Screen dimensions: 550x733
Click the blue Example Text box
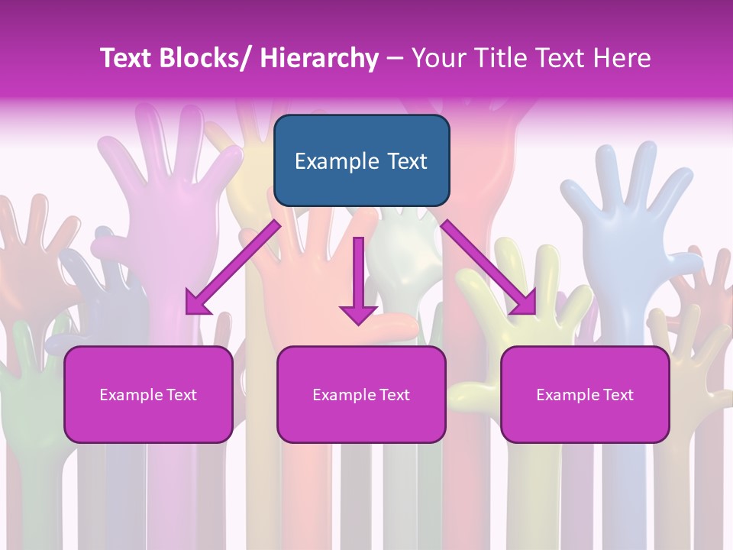[361, 160]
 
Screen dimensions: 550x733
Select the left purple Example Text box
[148, 394]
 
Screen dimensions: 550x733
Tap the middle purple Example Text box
[361, 394]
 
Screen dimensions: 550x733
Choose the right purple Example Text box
[585, 394]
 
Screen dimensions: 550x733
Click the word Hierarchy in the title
[318, 58]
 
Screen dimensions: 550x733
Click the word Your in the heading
[437, 58]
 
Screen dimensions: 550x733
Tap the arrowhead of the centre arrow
[358, 313]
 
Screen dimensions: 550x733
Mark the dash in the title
[395, 59]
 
